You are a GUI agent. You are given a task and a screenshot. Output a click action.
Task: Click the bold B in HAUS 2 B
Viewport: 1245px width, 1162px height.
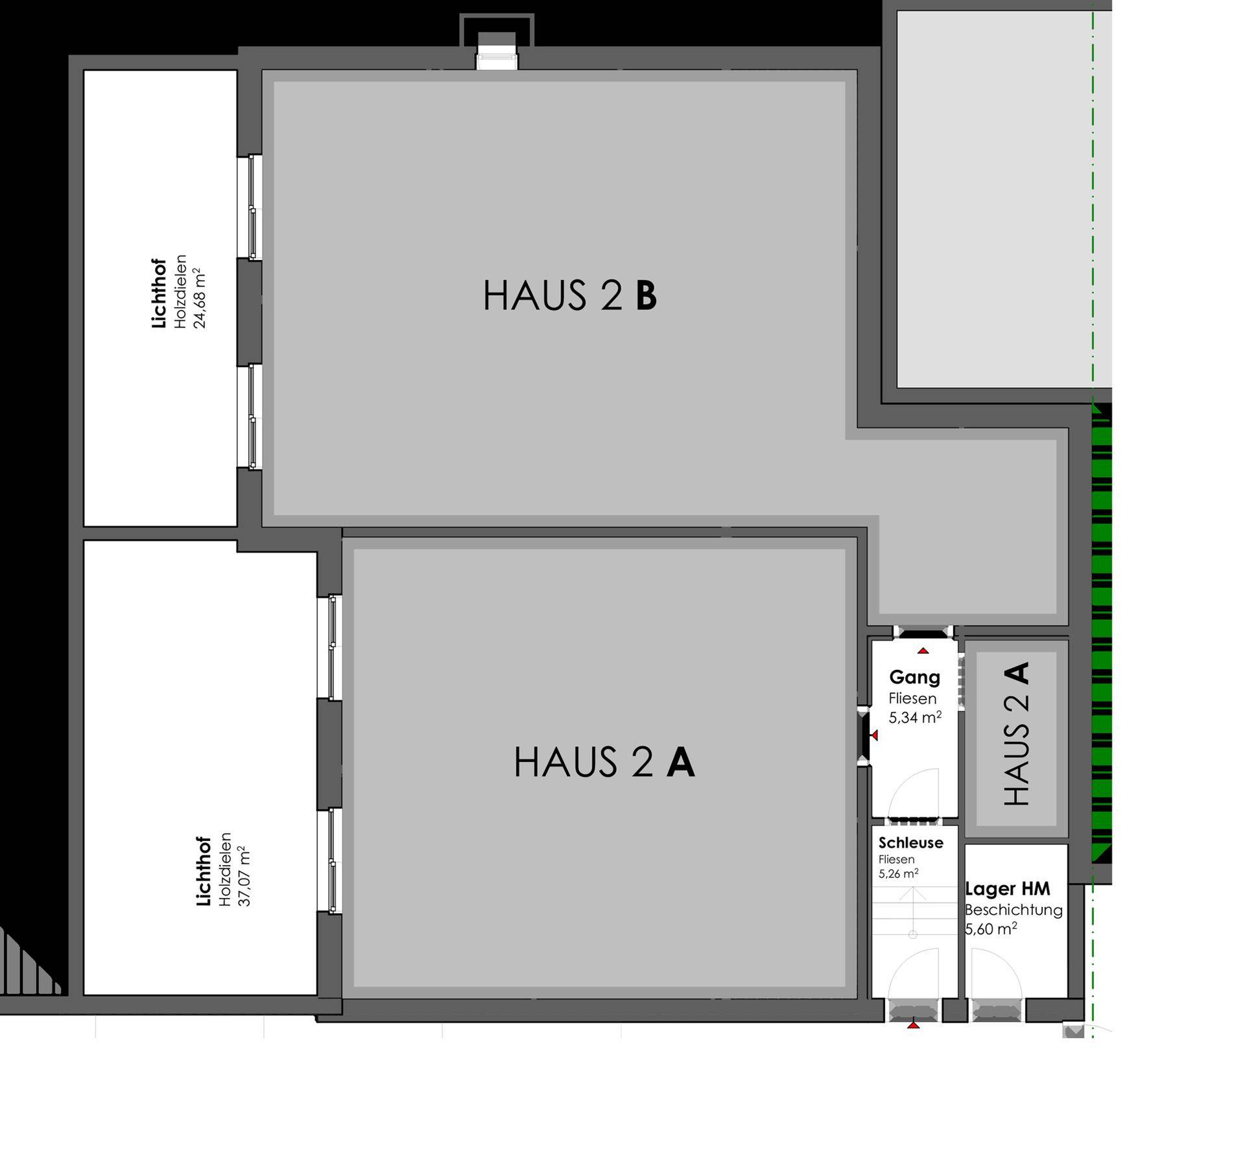[x=646, y=296]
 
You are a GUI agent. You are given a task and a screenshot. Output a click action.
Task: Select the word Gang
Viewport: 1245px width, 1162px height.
[x=914, y=678]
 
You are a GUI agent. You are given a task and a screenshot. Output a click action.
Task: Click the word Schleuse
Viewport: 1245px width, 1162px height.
[x=910, y=843]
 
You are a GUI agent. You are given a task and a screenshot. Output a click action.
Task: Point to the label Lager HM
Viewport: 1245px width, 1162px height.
[x=1007, y=888]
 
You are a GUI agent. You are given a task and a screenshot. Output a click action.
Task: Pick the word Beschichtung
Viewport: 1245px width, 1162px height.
[x=1014, y=910]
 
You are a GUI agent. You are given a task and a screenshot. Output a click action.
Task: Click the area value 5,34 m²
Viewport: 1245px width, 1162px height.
[x=915, y=718]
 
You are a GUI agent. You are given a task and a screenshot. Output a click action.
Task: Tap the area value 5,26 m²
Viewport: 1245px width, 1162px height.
[x=898, y=874]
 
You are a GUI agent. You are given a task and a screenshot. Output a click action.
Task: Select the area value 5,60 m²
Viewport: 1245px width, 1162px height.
[x=991, y=929]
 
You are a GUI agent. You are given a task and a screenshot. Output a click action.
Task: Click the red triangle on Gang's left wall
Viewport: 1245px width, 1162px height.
[x=874, y=735]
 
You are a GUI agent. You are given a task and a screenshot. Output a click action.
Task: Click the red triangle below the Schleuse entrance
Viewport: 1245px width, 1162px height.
[x=914, y=1025]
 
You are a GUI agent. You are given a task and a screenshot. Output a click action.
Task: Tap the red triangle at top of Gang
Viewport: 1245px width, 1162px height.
[x=923, y=650]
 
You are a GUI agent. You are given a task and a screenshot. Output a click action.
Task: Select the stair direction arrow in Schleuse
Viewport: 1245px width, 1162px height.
[x=913, y=911]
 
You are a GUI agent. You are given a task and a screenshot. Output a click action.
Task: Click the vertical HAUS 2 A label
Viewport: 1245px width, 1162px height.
[x=1016, y=733]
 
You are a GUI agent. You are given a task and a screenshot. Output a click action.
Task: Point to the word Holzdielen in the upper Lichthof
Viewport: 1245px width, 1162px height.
[x=180, y=291]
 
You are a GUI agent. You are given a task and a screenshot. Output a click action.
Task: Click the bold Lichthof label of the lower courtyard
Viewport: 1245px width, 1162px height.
[x=204, y=871]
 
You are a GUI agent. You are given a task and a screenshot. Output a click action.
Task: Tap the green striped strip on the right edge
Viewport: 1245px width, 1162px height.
[x=1102, y=632]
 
